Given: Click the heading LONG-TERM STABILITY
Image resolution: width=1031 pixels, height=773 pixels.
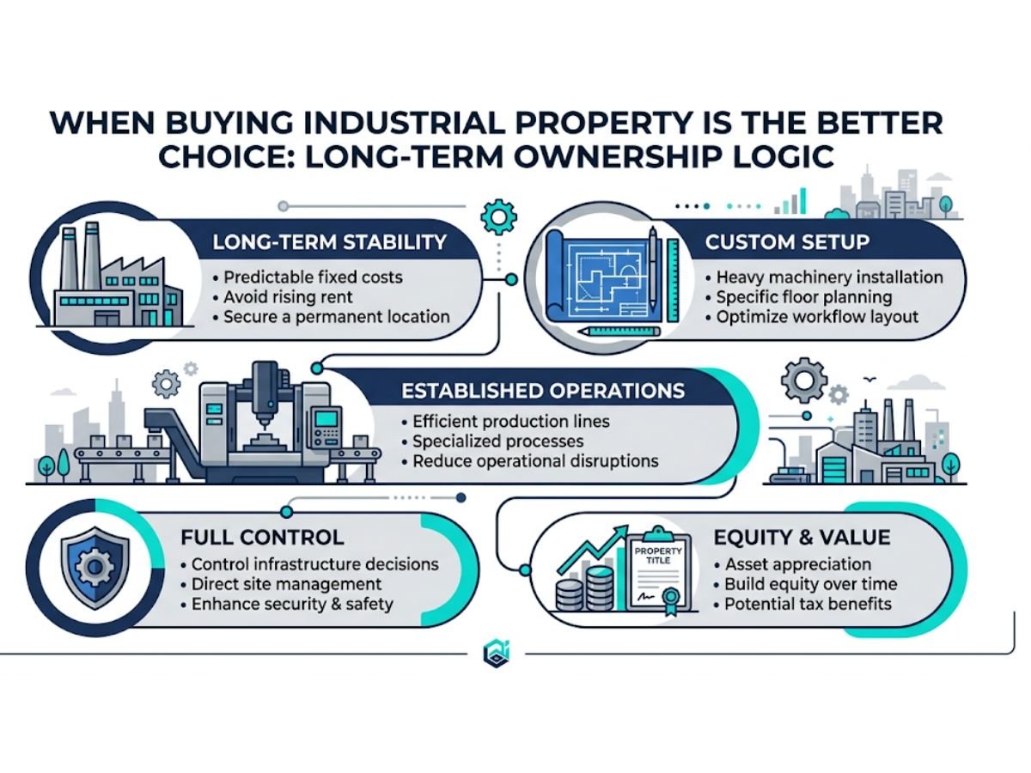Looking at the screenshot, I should [x=329, y=241].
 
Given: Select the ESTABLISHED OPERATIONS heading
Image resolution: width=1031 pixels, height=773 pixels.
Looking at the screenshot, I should [x=543, y=391].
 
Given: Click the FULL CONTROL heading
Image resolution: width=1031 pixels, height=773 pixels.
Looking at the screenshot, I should [x=262, y=539].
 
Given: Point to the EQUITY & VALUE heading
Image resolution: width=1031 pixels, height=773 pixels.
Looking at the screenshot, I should [x=802, y=539].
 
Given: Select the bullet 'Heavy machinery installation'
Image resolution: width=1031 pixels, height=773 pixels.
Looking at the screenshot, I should [x=829, y=277].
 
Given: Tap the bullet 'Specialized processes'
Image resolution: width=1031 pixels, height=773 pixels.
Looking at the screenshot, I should [x=497, y=441].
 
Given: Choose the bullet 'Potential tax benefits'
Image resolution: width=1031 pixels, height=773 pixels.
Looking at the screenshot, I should [x=808, y=604].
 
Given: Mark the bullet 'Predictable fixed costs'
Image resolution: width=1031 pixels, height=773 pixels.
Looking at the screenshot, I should [x=313, y=277].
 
